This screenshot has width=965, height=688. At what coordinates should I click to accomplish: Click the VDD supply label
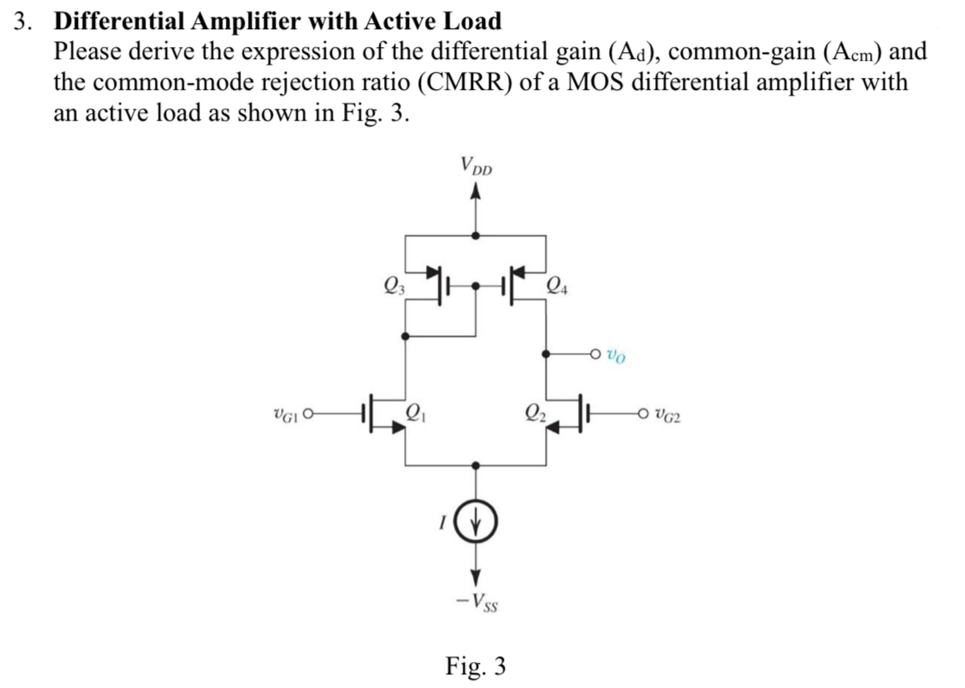coord(476,165)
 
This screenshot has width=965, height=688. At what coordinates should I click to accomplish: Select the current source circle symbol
coord(477,524)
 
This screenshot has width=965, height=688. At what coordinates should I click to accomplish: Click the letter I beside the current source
coord(441,523)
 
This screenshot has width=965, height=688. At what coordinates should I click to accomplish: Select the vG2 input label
coord(667,418)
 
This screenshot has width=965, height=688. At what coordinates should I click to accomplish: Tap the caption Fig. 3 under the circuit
coord(476,665)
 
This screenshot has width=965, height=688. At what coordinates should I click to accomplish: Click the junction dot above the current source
coord(477,466)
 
